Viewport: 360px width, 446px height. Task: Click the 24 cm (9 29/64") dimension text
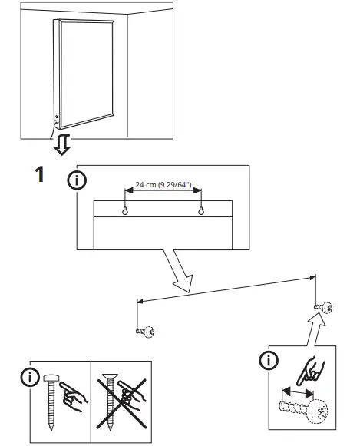pos(163,184)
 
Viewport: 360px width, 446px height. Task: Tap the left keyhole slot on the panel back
pos(125,210)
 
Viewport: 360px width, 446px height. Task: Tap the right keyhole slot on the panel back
pos(201,210)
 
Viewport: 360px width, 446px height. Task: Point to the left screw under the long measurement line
pos(146,332)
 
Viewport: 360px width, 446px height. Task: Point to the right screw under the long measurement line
pos(323,308)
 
